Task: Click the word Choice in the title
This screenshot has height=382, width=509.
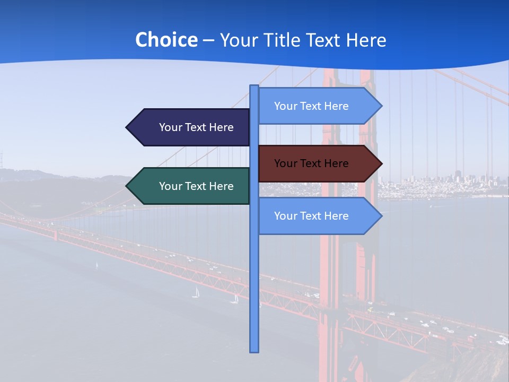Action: pos(166,40)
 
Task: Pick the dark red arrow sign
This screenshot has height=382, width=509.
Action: pos(313,163)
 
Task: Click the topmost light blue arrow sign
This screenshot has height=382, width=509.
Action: pos(313,106)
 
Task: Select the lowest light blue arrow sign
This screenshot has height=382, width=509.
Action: pos(313,216)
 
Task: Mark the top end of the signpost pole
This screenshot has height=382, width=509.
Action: pos(254,86)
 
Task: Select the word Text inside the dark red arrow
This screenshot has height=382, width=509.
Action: pos(311,163)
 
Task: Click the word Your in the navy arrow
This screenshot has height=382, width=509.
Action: pos(171,127)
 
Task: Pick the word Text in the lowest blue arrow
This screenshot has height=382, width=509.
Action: pos(311,216)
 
